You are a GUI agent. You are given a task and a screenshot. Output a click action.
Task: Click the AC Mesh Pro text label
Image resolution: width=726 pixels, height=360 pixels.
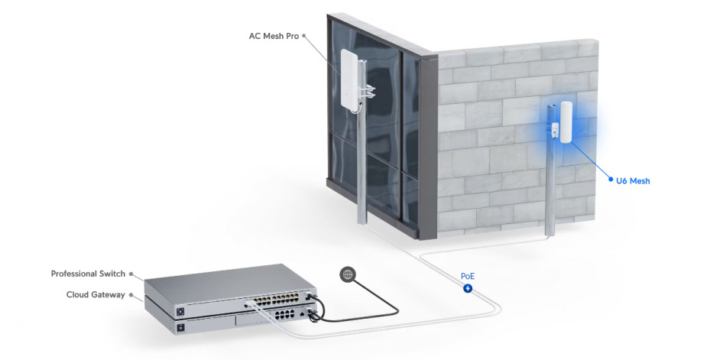[x=273, y=36]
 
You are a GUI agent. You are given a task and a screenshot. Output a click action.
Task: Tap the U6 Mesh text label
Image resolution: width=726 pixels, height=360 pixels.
[x=633, y=181]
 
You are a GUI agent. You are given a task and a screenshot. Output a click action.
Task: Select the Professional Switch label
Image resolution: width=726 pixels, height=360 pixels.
[x=88, y=274]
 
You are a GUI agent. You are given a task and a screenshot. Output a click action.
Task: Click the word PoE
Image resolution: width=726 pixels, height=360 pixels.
[x=467, y=276]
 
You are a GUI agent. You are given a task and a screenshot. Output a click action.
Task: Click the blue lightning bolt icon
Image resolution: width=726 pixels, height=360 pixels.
[x=468, y=289]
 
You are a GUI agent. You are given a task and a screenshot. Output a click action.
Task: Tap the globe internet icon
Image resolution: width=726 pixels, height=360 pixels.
[x=348, y=274]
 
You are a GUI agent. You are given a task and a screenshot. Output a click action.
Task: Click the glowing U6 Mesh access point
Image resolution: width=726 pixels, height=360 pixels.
[x=566, y=122]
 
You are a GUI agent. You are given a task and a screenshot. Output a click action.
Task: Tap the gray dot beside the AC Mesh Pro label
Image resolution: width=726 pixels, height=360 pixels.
[x=304, y=36]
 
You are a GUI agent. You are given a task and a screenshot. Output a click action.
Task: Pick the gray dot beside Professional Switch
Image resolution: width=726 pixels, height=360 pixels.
[x=131, y=274]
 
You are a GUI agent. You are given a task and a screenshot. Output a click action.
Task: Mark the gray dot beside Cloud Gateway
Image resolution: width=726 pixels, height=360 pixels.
[x=131, y=294]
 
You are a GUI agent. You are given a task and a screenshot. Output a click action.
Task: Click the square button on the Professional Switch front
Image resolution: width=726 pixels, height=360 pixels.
[x=180, y=312]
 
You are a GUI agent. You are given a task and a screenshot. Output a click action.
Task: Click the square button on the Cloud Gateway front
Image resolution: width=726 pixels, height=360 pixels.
[x=180, y=328]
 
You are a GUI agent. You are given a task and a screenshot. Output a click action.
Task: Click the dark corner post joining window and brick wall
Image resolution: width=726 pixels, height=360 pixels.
[x=430, y=145]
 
